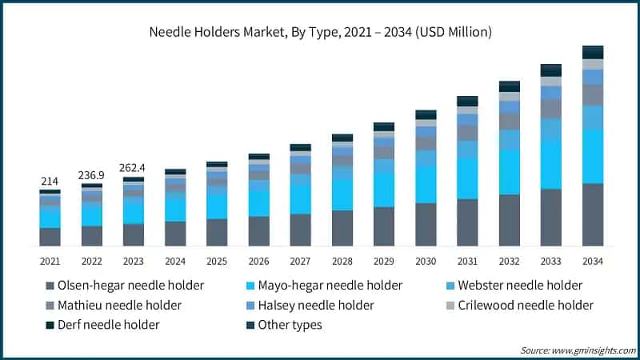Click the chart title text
[x=320, y=33]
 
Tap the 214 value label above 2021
[x=50, y=182]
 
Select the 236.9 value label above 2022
[x=91, y=175]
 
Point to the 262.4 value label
[x=133, y=168]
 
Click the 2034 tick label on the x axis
[x=592, y=262]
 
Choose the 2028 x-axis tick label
[x=342, y=262]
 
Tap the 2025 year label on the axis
[x=217, y=262]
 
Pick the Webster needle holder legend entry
[x=519, y=285]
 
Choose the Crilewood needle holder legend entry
[x=525, y=305]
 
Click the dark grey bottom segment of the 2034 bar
[x=592, y=214]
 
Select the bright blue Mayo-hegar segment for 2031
[x=467, y=178]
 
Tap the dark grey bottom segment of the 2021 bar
[x=50, y=237]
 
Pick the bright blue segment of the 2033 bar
[x=550, y=164]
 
